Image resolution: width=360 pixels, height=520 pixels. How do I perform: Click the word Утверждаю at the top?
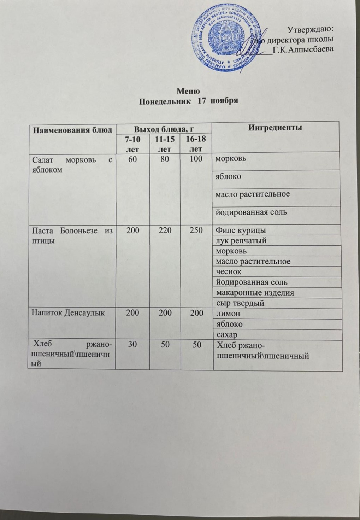[311, 29]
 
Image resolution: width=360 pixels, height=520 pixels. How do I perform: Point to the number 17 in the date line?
[202, 100]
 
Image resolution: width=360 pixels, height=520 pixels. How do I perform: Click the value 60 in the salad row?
[133, 159]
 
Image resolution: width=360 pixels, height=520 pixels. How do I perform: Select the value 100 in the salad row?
[196, 159]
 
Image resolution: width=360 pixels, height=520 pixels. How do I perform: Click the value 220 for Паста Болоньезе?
[165, 230]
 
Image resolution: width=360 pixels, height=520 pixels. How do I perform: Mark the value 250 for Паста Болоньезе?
[196, 230]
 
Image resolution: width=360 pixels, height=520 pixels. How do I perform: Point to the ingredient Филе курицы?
[241, 230]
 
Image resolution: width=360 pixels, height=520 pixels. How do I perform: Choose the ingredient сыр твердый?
[240, 303]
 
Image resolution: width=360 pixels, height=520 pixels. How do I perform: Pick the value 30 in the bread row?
[133, 345]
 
